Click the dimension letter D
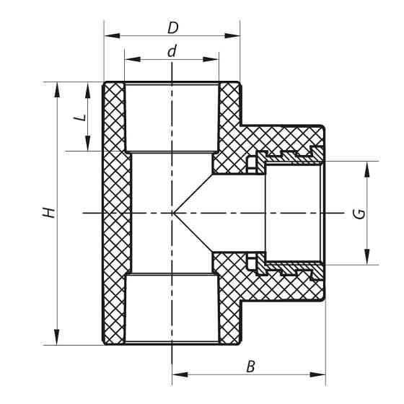point(172,28)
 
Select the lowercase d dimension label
point(172,51)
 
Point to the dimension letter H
point(48,213)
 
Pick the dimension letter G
point(359,213)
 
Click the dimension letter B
point(250,366)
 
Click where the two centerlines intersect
point(172,213)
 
